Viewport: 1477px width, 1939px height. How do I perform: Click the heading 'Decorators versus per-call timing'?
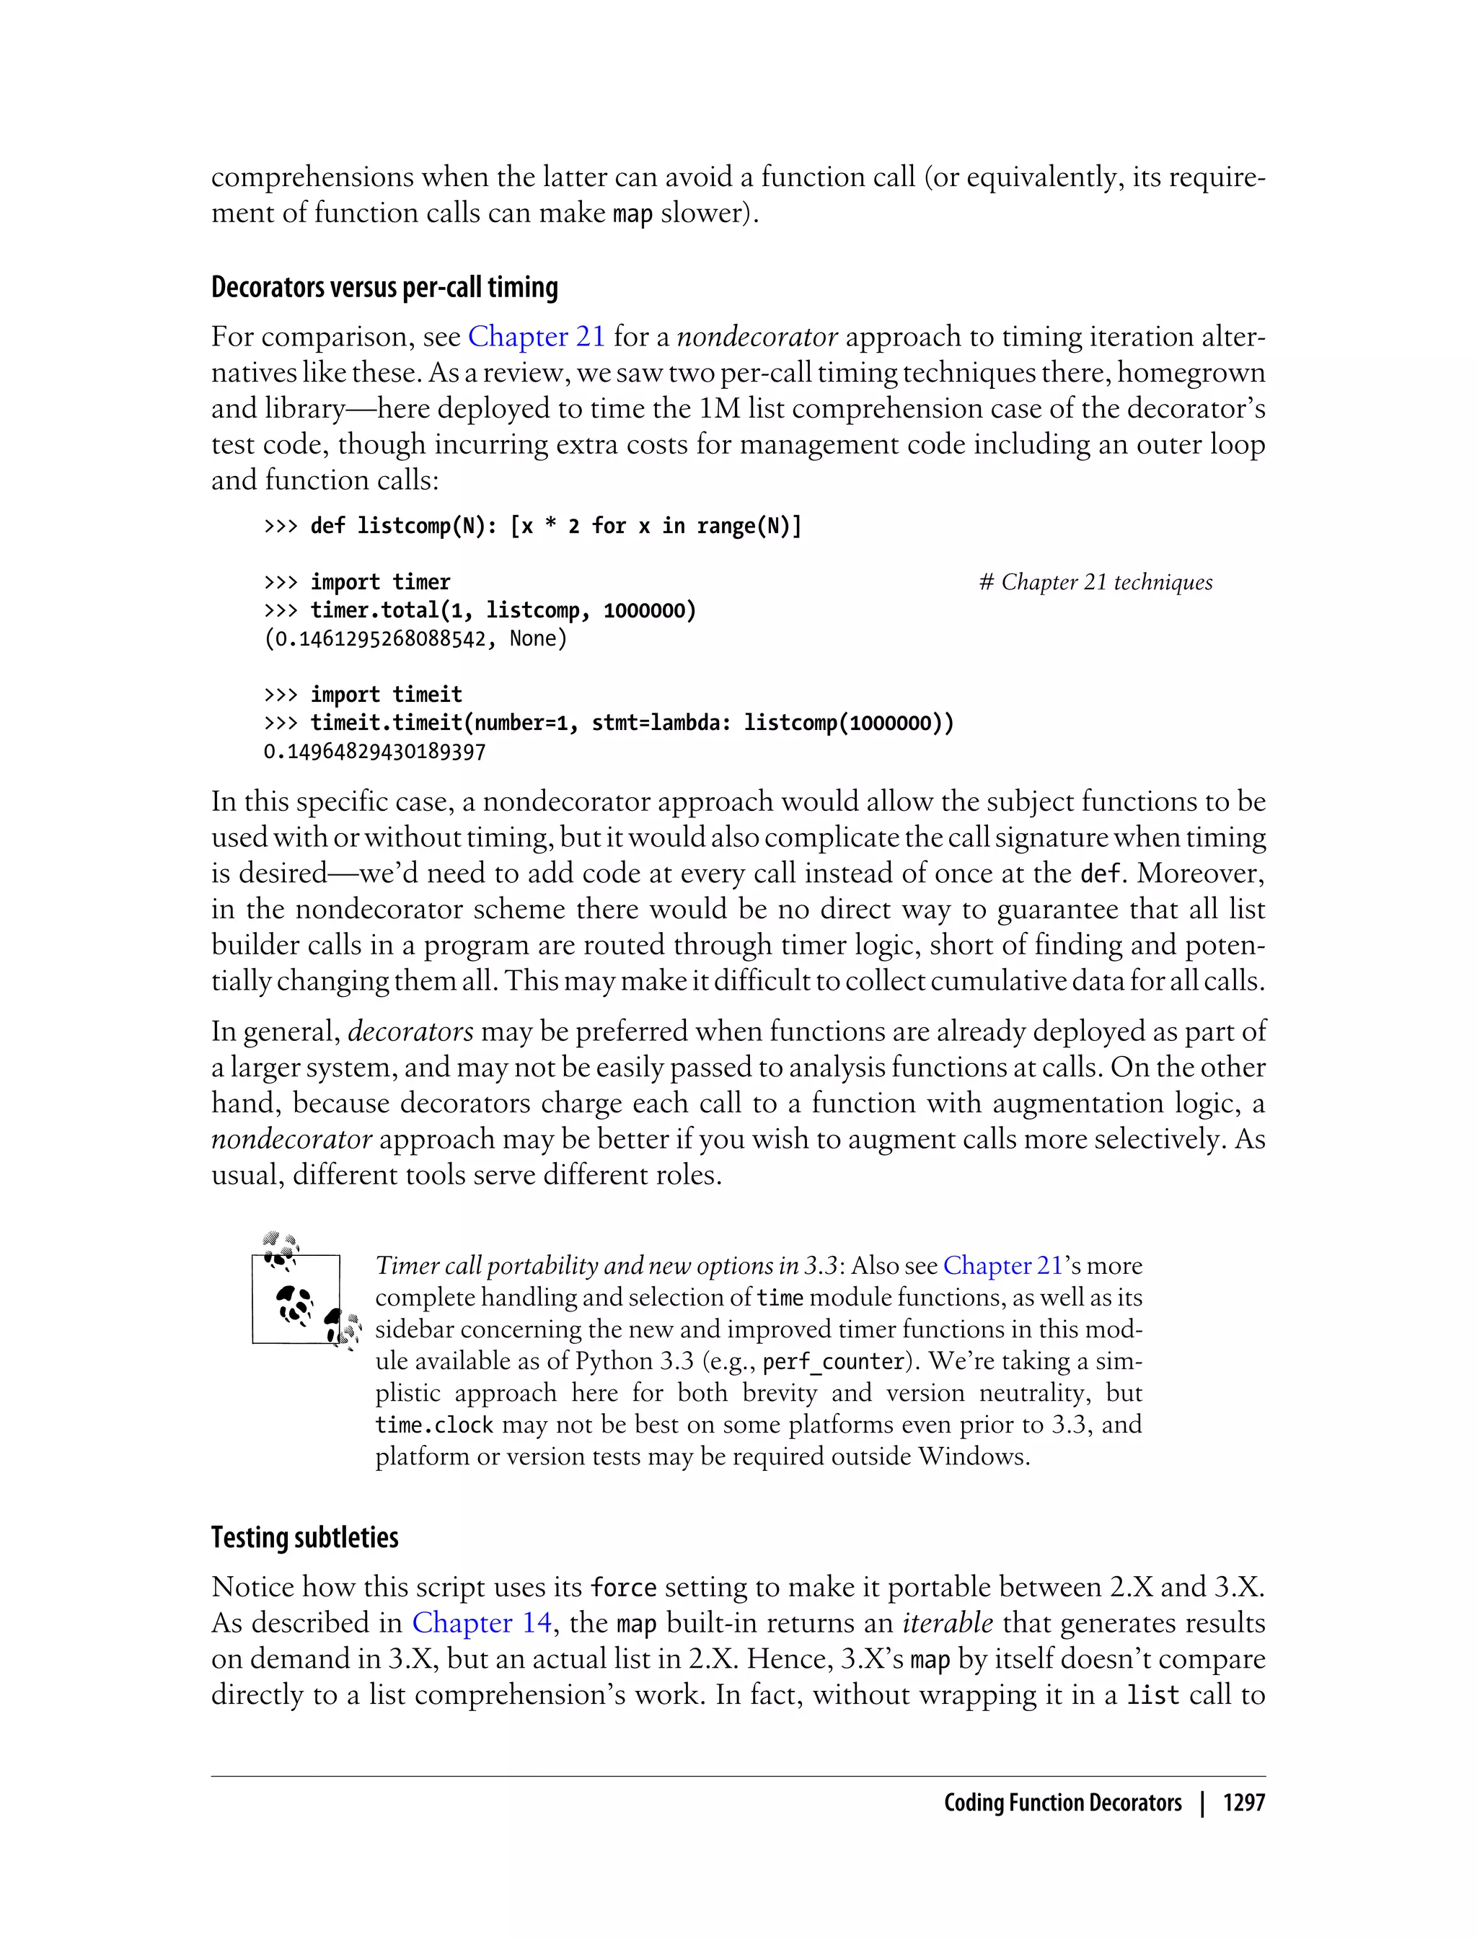pos(384,288)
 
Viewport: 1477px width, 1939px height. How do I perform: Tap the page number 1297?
pos(1243,1803)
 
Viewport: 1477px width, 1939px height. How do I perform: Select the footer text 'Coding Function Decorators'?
pos(1062,1803)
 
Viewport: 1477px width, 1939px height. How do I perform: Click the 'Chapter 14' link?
pos(481,1622)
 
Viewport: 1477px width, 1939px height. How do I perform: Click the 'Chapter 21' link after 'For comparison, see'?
pos(537,337)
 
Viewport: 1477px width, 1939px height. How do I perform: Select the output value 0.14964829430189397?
pos(374,752)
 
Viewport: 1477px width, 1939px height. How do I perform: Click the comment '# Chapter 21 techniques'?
pos(1095,582)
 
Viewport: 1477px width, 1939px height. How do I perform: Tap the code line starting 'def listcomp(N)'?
pos(555,526)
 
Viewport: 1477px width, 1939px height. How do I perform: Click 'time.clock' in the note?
pos(433,1425)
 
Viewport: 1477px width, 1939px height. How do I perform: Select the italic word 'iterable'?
pos(948,1622)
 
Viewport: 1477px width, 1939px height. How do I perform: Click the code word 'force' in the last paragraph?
pos(623,1587)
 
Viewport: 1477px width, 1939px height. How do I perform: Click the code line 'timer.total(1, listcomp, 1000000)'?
pos(503,610)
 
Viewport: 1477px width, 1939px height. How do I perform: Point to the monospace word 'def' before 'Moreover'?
pos(1100,874)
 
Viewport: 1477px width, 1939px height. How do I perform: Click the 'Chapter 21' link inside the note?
pos(1002,1265)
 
